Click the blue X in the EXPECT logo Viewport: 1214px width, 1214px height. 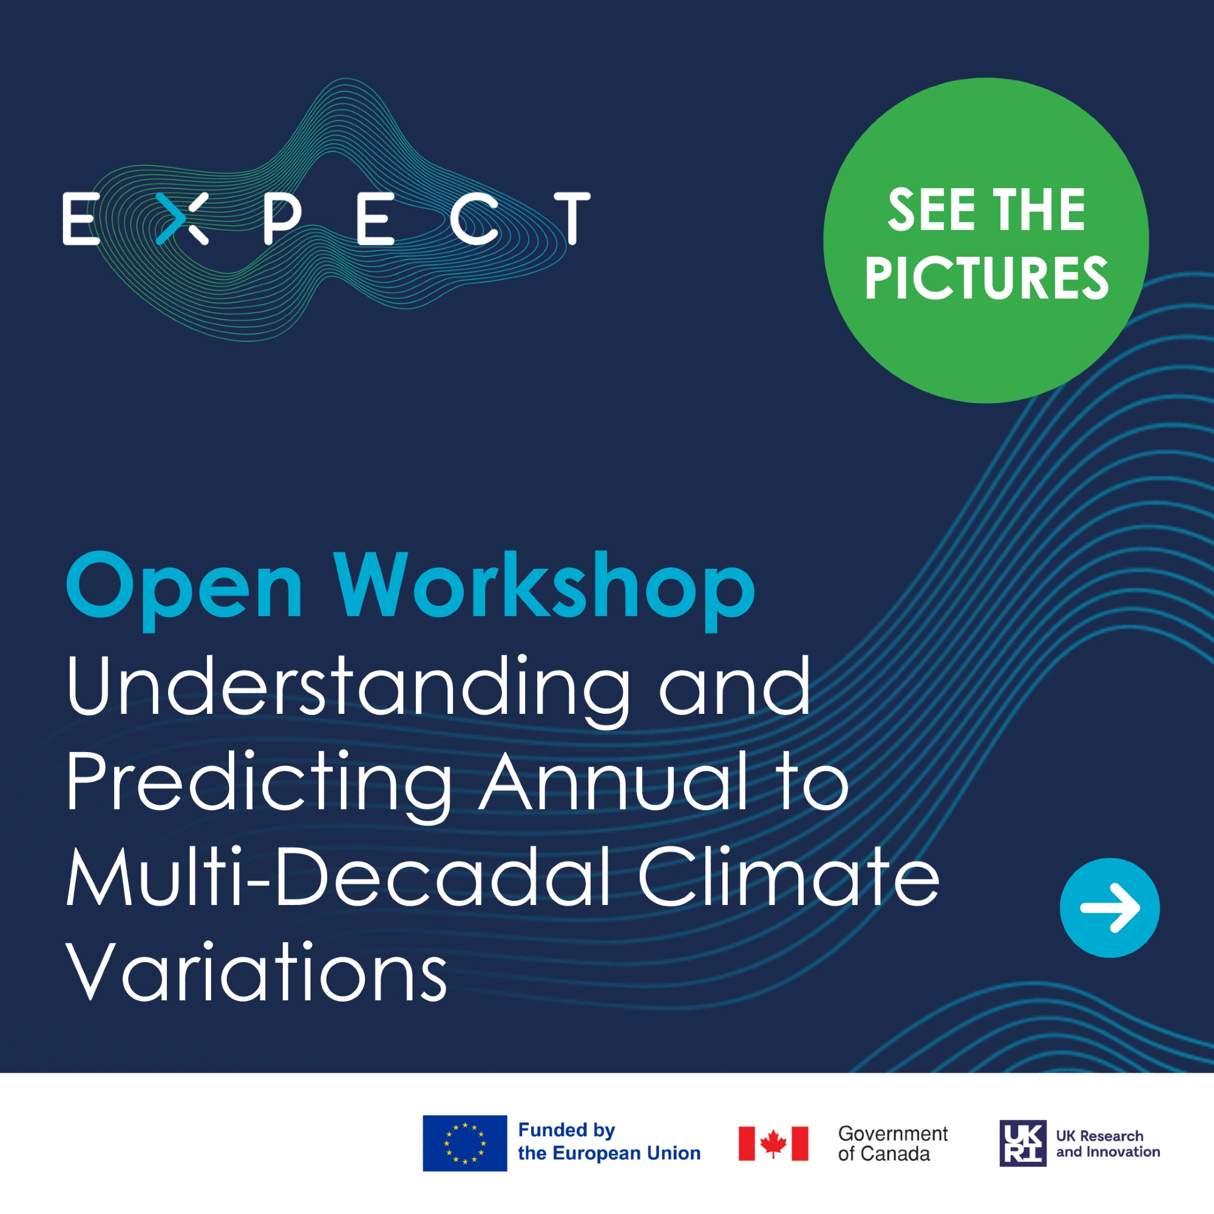[181, 218]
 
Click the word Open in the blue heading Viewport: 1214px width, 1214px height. [185, 591]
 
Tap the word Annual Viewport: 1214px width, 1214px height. [614, 783]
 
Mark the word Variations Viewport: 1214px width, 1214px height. [256, 972]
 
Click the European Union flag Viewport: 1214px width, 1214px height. [464, 1144]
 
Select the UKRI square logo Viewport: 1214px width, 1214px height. [1023, 1144]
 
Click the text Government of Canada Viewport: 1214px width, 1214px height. [893, 1144]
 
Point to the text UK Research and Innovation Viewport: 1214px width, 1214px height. [1108, 1144]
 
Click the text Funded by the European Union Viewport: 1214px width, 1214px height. [609, 1142]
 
